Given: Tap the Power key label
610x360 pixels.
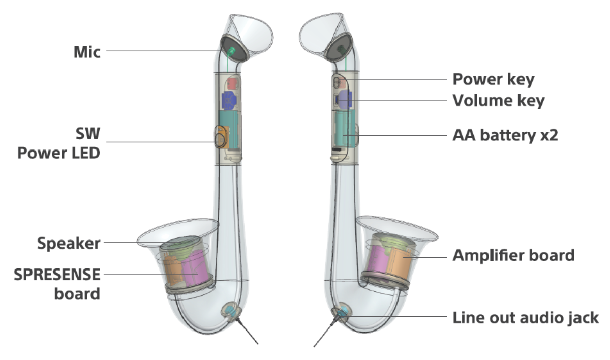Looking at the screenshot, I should pos(493,80).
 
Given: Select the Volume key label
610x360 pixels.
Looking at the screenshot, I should pos(498,100).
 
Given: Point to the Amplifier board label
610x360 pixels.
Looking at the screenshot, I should pos(513,255).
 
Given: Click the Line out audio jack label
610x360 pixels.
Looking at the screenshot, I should pos(526,318).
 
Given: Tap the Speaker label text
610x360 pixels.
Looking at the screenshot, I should pos(69,244).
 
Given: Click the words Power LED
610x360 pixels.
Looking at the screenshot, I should pos(59,153).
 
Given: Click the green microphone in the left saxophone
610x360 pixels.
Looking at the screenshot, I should pos(232,50).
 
